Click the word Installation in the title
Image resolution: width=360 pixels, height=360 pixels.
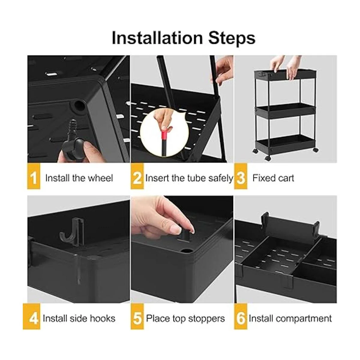click(157, 38)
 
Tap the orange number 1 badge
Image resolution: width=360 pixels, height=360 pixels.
click(34, 176)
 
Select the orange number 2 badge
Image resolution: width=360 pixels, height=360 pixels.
click(137, 176)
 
